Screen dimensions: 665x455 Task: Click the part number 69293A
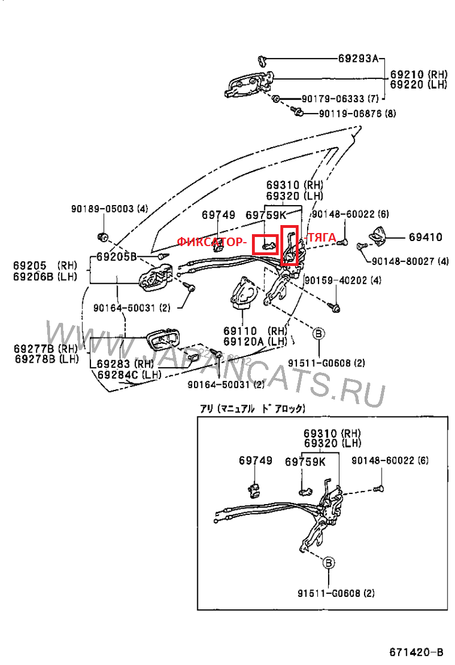(x=358, y=58)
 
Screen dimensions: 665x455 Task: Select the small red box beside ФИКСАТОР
(x=266, y=245)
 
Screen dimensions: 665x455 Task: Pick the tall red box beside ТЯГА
(x=289, y=245)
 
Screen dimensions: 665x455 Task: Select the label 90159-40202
(x=343, y=280)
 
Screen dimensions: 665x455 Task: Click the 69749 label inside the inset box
(x=255, y=460)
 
